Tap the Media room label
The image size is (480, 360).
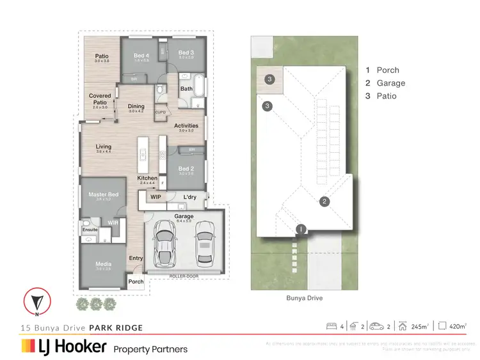(103, 264)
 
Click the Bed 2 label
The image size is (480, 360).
(186, 169)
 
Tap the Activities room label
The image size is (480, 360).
(186, 126)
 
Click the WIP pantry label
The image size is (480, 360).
(156, 198)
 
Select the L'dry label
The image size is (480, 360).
(189, 197)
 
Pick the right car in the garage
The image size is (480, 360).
(204, 240)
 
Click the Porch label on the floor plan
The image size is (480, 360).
(136, 281)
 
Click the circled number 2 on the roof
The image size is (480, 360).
(324, 202)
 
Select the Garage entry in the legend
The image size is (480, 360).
(390, 83)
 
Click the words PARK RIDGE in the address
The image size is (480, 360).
(116, 328)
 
